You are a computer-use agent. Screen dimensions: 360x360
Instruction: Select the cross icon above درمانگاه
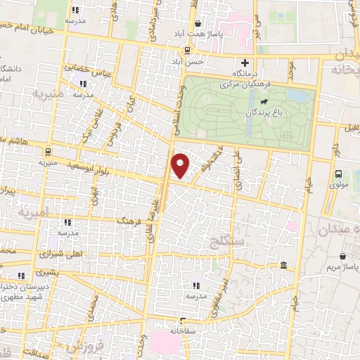pos(245,63)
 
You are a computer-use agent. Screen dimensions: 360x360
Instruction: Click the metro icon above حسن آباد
pos(187,50)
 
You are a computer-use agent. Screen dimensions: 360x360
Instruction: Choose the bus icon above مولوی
pos(340,174)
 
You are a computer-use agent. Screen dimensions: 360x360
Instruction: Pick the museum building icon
pos(283,265)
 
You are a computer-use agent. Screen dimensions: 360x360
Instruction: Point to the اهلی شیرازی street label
pos(64,254)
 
